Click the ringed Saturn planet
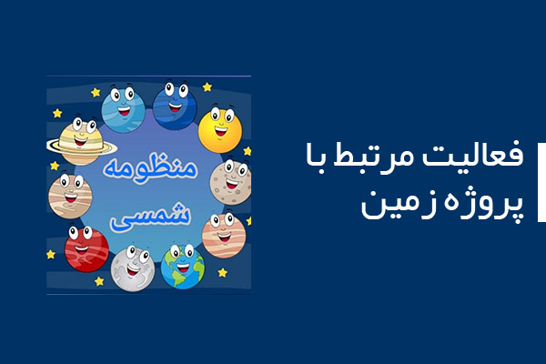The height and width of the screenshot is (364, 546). pos(81,142)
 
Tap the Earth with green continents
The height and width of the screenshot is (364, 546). pos(183,266)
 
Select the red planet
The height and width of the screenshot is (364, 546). pos(86,248)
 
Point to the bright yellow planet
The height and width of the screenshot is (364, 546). pos(220,130)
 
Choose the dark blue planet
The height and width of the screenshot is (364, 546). pos(175,106)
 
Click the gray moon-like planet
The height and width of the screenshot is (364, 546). pos(133,268)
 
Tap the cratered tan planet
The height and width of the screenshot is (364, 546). pos(230,182)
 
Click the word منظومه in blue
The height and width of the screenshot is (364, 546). pos(150,168)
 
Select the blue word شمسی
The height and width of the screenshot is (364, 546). pos(150,218)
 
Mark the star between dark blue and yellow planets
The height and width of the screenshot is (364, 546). pos(207,86)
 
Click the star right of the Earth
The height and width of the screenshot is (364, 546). pos(222,272)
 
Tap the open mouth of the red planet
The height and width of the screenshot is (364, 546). pos(82,249)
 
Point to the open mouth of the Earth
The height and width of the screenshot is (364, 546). pos(183,268)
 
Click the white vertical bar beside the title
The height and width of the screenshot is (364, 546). pos(541,182)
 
